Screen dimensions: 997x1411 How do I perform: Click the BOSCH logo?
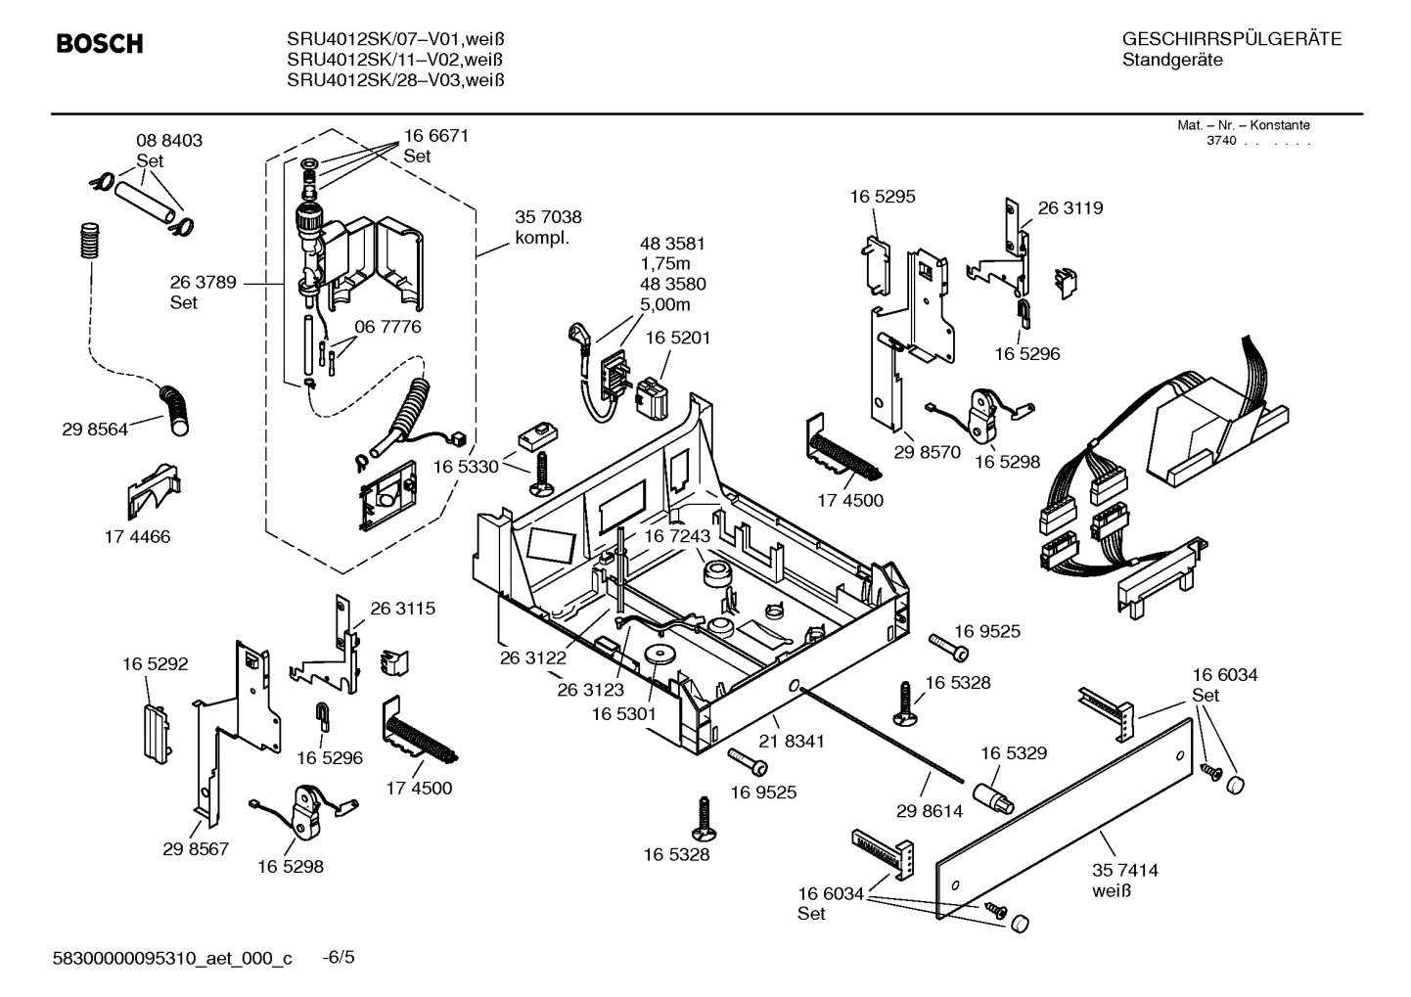point(99,44)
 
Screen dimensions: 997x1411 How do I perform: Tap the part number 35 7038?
point(548,217)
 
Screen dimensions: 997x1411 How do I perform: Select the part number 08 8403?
point(169,141)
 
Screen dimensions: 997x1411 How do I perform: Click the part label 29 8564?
point(95,429)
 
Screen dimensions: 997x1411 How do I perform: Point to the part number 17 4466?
point(137,536)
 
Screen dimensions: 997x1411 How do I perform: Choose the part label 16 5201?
point(677,338)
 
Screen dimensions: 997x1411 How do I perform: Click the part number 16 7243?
point(676,536)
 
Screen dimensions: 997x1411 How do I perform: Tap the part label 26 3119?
point(1070,208)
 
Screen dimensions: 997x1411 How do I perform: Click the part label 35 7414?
point(1124,870)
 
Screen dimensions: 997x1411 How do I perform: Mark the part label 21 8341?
point(792,742)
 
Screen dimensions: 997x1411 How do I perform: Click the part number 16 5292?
point(156,664)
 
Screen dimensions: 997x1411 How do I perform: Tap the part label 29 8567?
point(196,849)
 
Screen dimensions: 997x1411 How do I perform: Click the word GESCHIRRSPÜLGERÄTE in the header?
point(1231,39)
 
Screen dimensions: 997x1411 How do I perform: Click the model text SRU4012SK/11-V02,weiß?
point(395,60)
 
